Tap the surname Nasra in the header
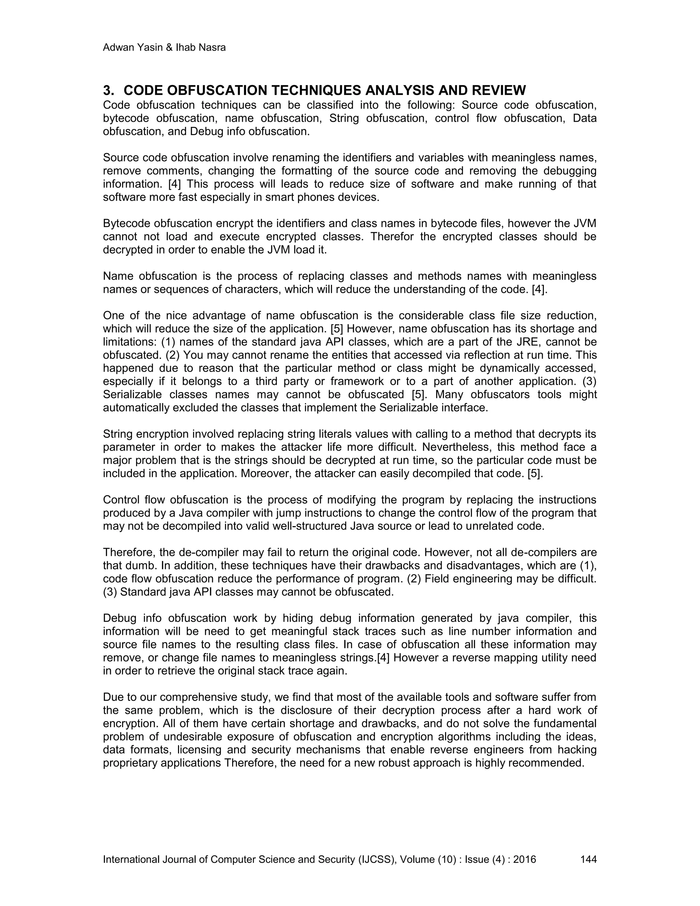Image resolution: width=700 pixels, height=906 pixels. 212,48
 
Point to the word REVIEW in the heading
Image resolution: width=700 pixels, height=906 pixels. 496,91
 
